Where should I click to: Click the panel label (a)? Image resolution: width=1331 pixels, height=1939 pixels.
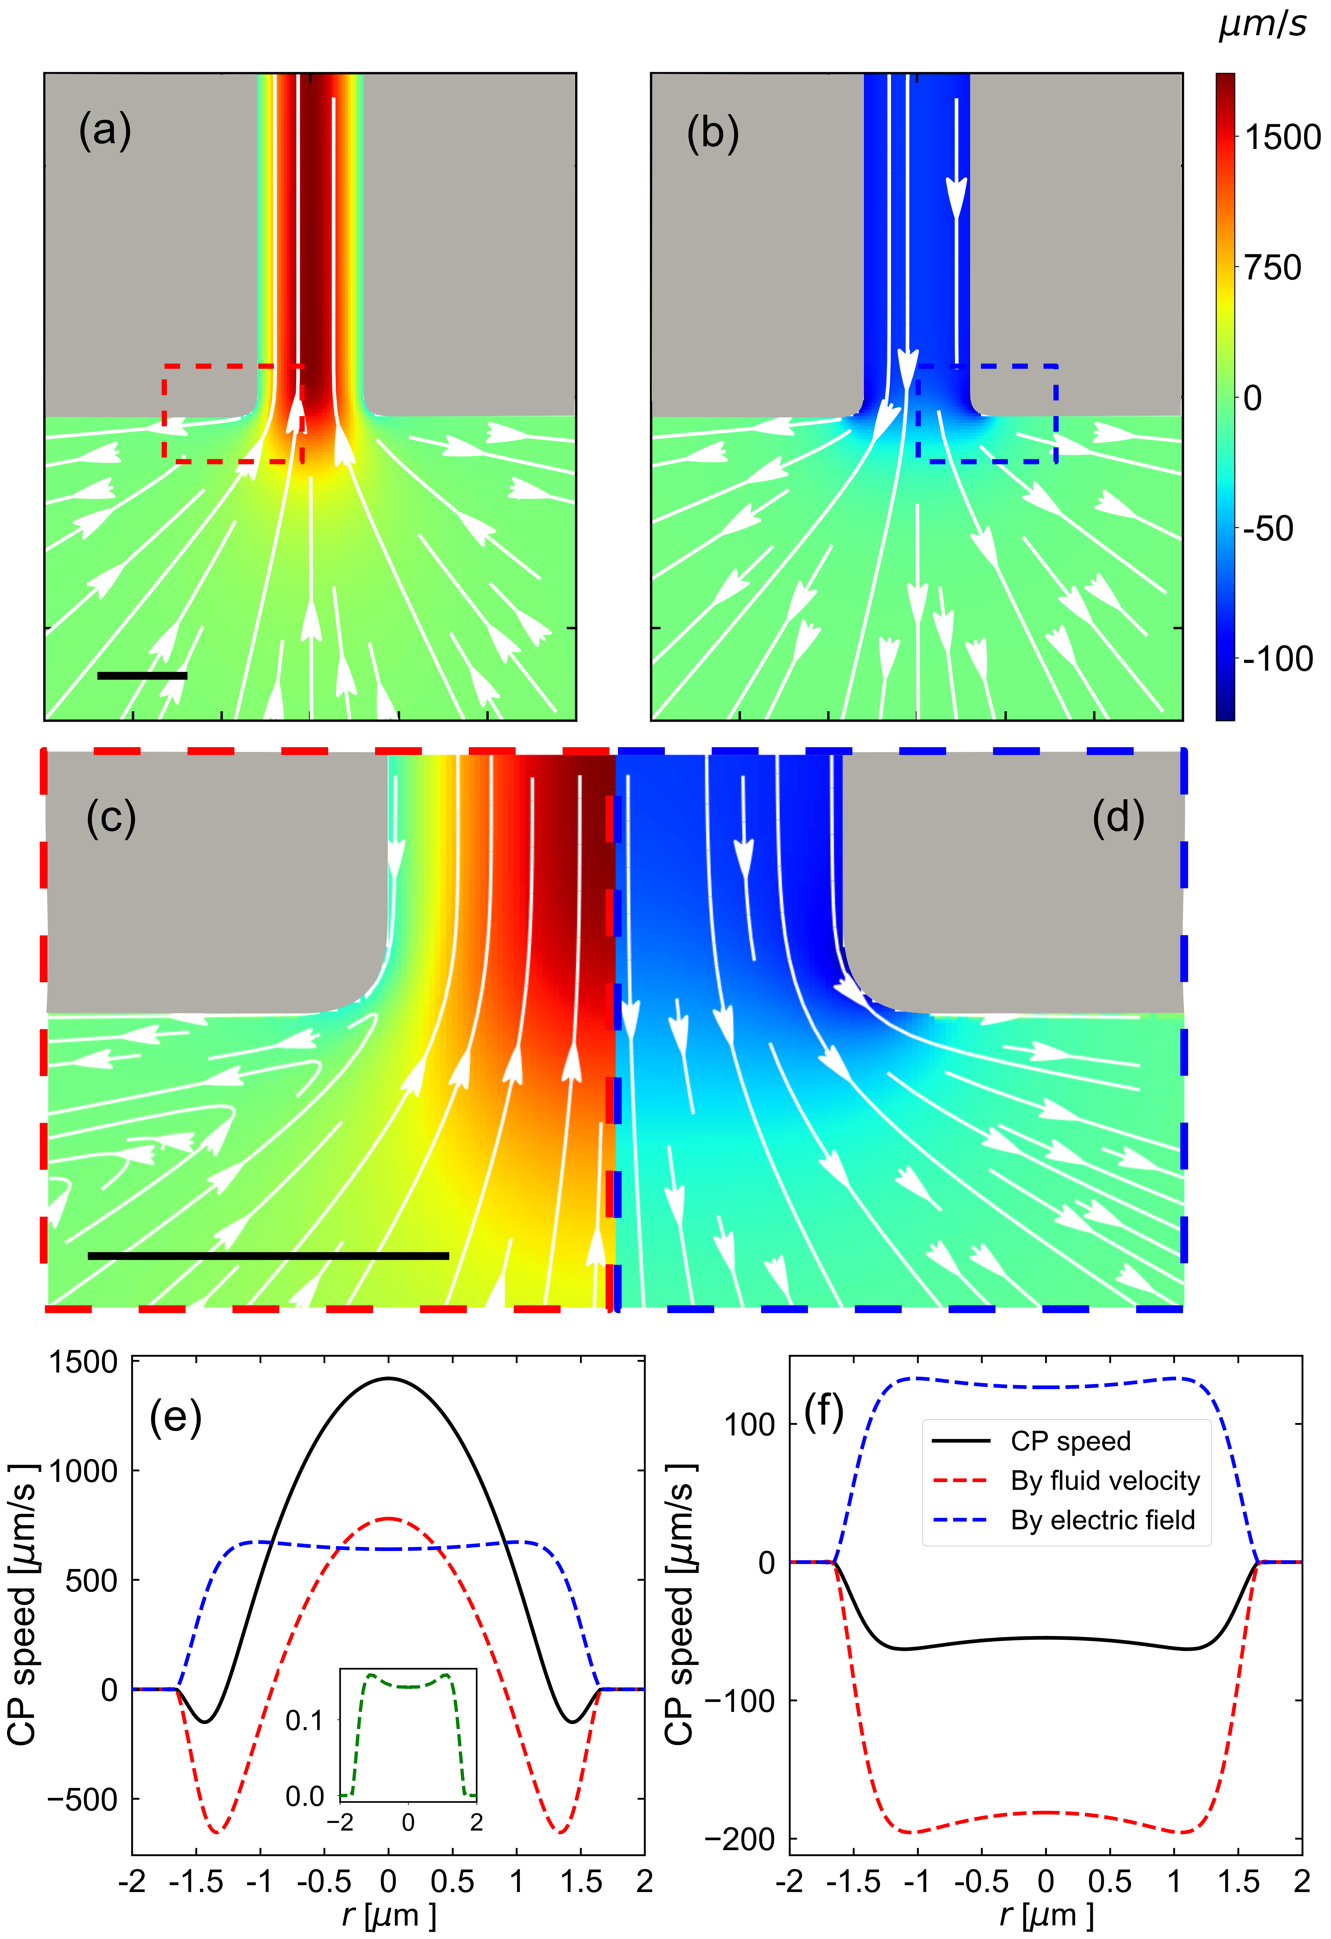(x=105, y=131)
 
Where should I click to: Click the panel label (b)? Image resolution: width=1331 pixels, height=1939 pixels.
(x=713, y=133)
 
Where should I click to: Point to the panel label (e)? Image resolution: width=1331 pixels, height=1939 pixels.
(x=175, y=1417)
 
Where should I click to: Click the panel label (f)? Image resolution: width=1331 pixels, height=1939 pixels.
(x=824, y=1410)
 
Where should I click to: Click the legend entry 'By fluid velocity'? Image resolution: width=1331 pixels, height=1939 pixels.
(x=1105, y=1481)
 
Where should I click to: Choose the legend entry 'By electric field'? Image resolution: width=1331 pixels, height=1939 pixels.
(x=1102, y=1520)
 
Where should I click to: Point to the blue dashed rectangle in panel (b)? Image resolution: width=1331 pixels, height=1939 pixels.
(x=1057, y=413)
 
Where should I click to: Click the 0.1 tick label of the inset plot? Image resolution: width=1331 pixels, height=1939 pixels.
(x=305, y=1720)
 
